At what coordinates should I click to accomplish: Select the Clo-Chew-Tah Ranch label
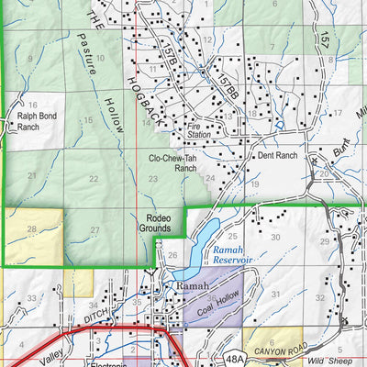click(173, 162)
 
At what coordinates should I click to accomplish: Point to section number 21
click(32, 161)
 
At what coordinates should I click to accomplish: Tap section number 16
click(32, 106)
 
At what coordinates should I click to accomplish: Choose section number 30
click(275, 237)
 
